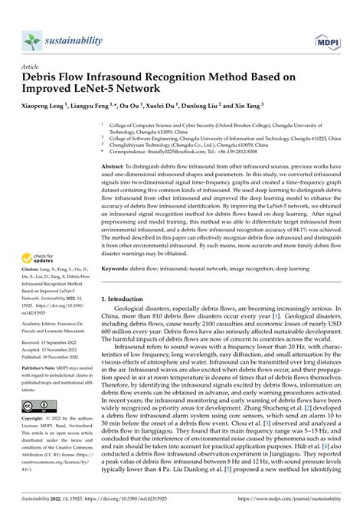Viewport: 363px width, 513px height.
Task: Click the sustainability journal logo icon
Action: click(31, 39)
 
